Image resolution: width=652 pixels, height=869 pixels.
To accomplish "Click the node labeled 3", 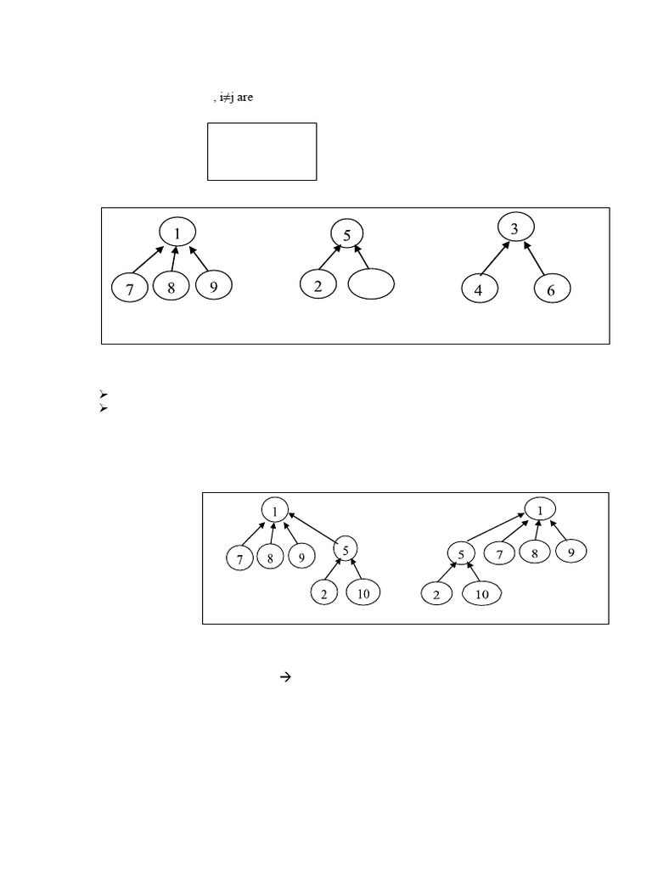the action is [514, 228].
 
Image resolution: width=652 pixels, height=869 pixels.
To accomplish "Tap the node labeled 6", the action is [552, 289].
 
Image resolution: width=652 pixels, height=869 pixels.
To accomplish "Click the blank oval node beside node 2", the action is [372, 284].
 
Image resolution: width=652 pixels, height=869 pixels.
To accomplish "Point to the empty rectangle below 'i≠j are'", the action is [261, 151].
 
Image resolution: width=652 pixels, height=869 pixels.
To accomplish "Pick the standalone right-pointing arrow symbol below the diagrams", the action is [285, 676].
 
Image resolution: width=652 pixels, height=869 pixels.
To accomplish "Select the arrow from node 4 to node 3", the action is [495, 259].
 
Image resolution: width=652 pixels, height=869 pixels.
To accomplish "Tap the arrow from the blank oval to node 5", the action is [362, 257].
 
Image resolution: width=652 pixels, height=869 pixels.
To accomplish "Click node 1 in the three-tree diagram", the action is [177, 233].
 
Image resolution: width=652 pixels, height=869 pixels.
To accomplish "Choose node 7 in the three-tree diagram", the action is [130, 289].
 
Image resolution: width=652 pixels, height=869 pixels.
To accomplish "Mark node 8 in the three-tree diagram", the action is [171, 288].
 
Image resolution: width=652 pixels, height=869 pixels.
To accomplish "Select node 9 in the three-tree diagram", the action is [213, 287].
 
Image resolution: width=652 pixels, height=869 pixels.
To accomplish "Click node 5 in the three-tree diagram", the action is [346, 233].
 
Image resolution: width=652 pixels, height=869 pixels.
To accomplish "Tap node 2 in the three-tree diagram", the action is [318, 286].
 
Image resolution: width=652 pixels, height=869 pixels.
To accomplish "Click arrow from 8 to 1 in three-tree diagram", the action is [173, 259].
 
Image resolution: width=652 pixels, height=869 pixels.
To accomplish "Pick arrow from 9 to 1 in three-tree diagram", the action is [197, 259].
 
